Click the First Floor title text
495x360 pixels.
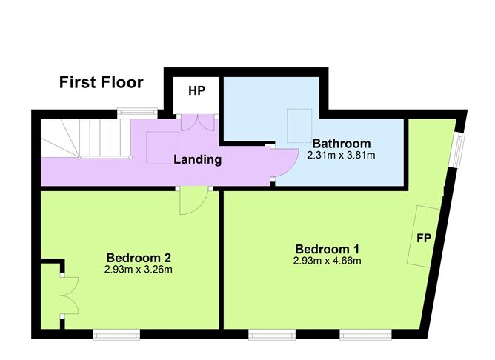(102, 82)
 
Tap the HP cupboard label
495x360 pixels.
(196, 91)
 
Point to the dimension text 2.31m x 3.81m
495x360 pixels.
(340, 156)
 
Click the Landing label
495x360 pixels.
(197, 159)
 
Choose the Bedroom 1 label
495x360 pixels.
(327, 248)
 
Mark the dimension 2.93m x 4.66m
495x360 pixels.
(327, 261)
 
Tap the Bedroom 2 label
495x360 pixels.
(139, 258)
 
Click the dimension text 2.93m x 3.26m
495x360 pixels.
(139, 270)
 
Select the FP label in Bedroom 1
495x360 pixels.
(424, 239)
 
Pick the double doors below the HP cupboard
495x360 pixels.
(196, 123)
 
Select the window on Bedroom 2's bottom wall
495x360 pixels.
(116, 334)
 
